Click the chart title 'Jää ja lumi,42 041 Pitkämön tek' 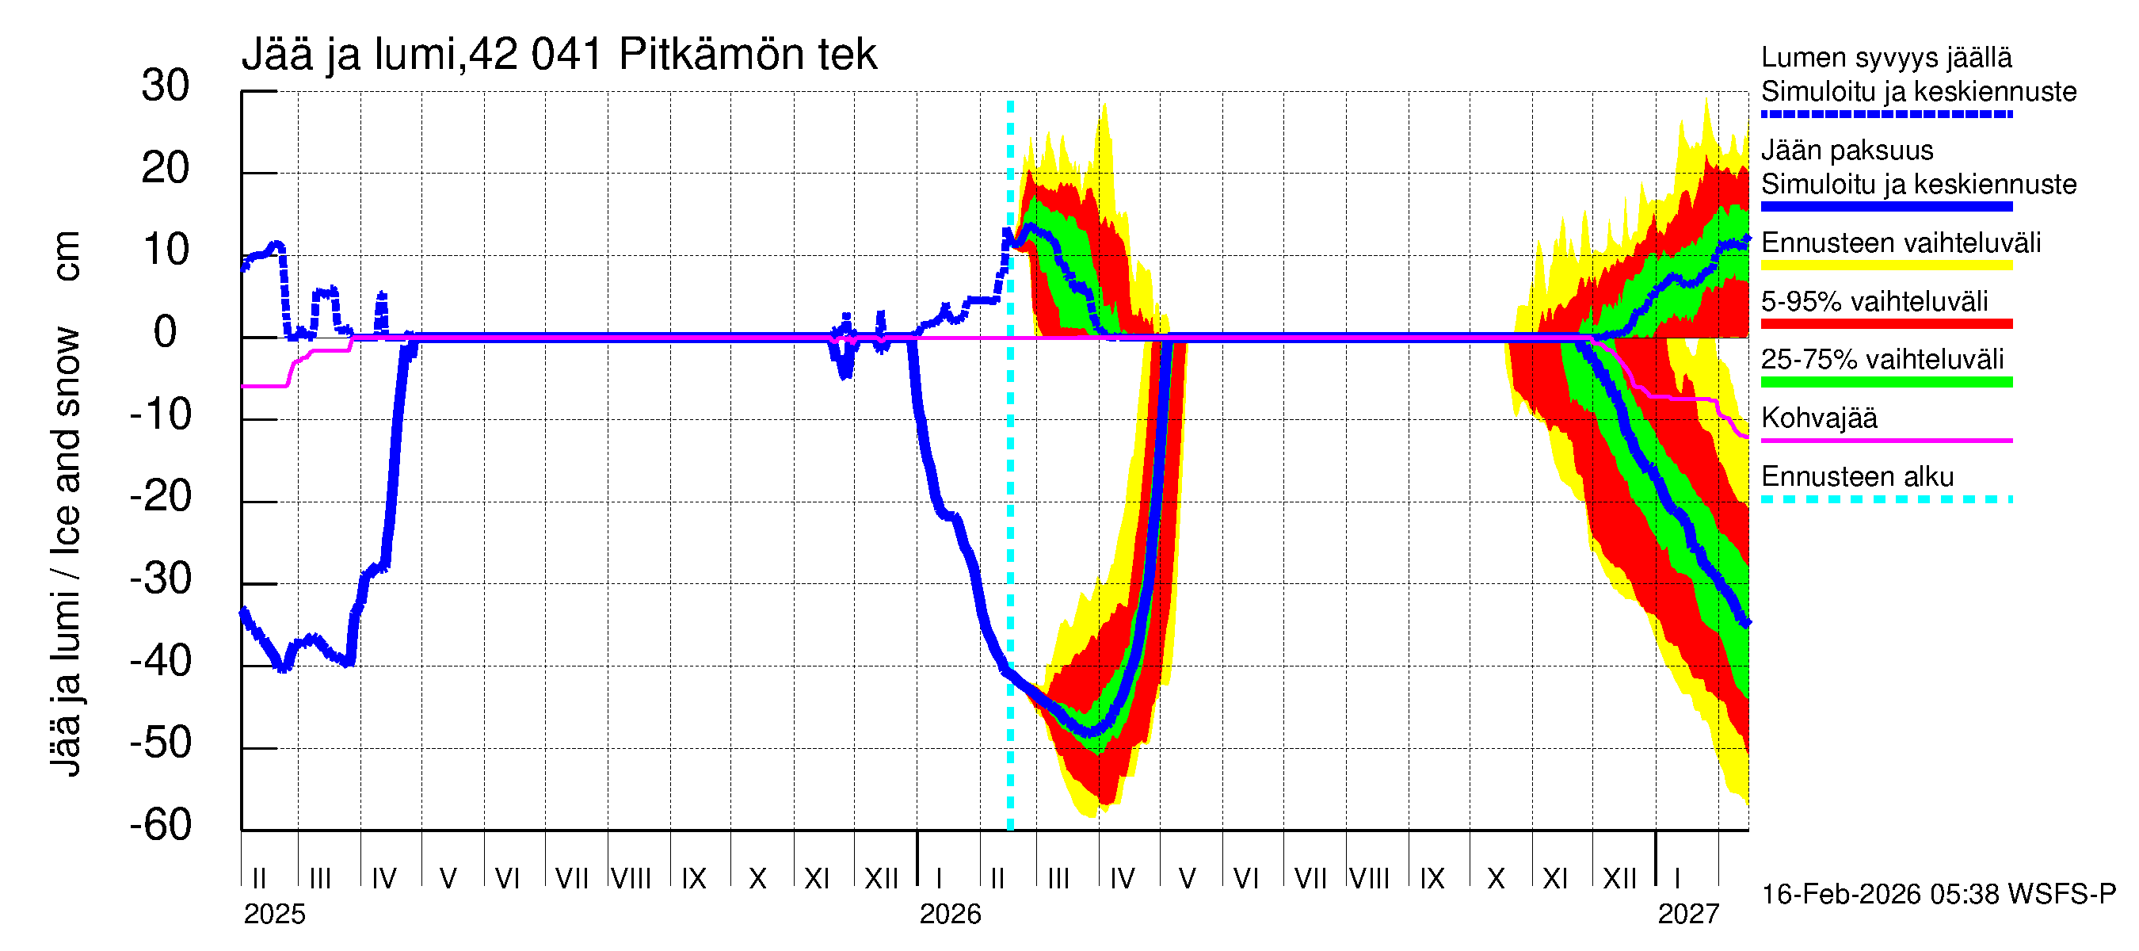(x=558, y=55)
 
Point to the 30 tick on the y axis (x=166, y=86)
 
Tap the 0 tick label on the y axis (x=166, y=332)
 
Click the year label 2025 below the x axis (x=274, y=915)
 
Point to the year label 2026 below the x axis (x=950, y=915)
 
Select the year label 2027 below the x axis (x=1688, y=915)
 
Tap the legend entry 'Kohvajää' (x=1818, y=418)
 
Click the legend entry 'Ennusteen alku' (x=1858, y=477)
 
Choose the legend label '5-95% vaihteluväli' (x=1874, y=301)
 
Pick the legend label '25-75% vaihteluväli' (x=1882, y=360)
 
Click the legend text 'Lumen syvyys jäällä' (x=1886, y=57)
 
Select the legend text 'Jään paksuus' (x=1847, y=151)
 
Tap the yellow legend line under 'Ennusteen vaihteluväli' (x=1886, y=265)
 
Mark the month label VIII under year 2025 (x=631, y=879)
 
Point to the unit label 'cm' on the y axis (x=67, y=256)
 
